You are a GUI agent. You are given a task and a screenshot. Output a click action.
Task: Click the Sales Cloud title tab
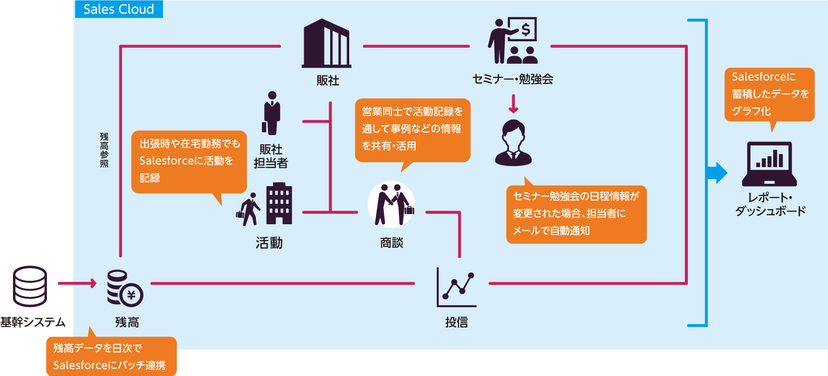click(x=119, y=9)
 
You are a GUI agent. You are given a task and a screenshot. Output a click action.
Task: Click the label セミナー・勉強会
click(x=513, y=79)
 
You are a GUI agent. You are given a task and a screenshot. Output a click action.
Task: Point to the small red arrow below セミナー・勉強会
click(x=513, y=104)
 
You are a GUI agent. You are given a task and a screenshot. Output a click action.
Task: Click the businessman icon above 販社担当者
click(x=272, y=113)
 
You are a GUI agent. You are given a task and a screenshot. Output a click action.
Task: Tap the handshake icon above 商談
click(x=391, y=204)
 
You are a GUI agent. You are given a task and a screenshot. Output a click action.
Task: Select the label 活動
click(x=269, y=243)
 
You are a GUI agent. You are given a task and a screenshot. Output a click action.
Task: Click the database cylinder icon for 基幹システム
click(x=30, y=286)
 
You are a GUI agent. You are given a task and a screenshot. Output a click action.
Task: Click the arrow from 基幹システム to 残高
click(x=77, y=283)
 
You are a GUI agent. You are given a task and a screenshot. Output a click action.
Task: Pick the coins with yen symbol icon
click(x=124, y=288)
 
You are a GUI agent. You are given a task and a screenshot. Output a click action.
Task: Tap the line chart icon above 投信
click(x=456, y=288)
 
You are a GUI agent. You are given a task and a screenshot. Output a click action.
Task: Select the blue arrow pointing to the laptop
click(x=716, y=173)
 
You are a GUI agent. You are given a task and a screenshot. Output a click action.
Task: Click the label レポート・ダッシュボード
click(x=770, y=204)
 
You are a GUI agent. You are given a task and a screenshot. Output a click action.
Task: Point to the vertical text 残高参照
click(x=104, y=150)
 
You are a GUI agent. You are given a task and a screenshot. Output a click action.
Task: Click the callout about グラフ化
click(x=769, y=94)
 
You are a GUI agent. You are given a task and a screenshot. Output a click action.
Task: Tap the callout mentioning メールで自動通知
click(x=576, y=214)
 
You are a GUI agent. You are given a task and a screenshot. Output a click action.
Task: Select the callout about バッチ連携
click(x=111, y=357)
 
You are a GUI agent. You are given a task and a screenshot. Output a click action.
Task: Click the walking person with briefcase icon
click(x=248, y=210)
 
